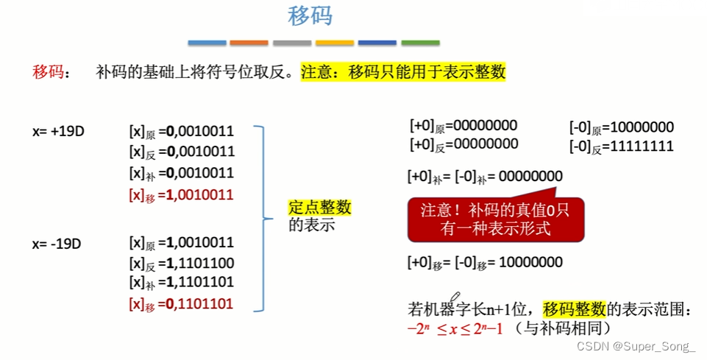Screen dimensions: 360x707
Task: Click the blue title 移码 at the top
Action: [309, 16]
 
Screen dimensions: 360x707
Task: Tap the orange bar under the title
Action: [249, 43]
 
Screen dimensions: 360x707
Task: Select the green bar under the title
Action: [420, 43]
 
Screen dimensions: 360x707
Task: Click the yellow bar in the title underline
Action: [335, 43]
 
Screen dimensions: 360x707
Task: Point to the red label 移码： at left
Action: [52, 72]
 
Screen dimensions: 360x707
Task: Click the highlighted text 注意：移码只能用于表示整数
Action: [403, 72]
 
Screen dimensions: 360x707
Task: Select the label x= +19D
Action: [58, 132]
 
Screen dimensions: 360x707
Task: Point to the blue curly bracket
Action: [263, 217]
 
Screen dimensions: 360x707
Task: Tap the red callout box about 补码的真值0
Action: [496, 218]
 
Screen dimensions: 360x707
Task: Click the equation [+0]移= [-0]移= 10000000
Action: [486, 262]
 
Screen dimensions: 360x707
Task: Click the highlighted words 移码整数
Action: [574, 308]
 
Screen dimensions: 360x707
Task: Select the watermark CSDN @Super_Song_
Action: [635, 346]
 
